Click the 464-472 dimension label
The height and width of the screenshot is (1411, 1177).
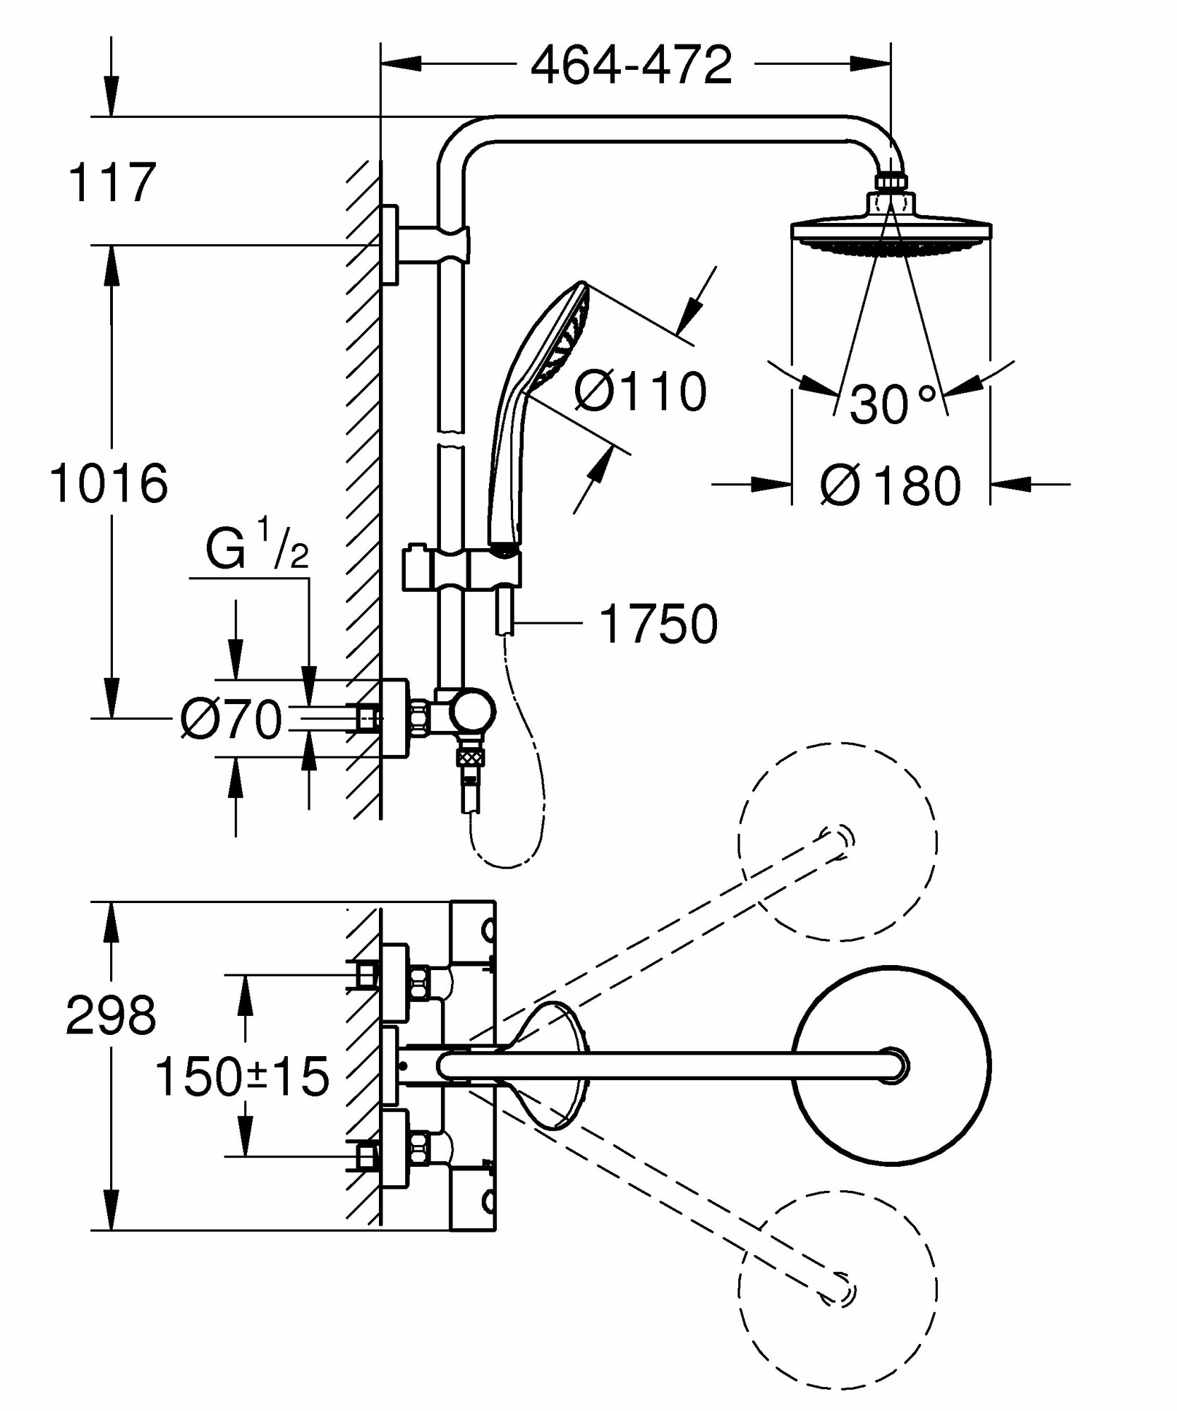(631, 66)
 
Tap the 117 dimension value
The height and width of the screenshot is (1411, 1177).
(111, 182)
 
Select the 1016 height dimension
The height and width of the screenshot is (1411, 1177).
(109, 484)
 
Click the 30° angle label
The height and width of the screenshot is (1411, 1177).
(892, 404)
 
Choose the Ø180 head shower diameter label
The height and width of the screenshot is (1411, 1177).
(891, 486)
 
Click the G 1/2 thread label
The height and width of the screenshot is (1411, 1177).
(257, 551)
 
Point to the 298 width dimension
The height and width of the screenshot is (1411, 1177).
(111, 1017)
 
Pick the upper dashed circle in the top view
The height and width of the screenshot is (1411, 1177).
(838, 841)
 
